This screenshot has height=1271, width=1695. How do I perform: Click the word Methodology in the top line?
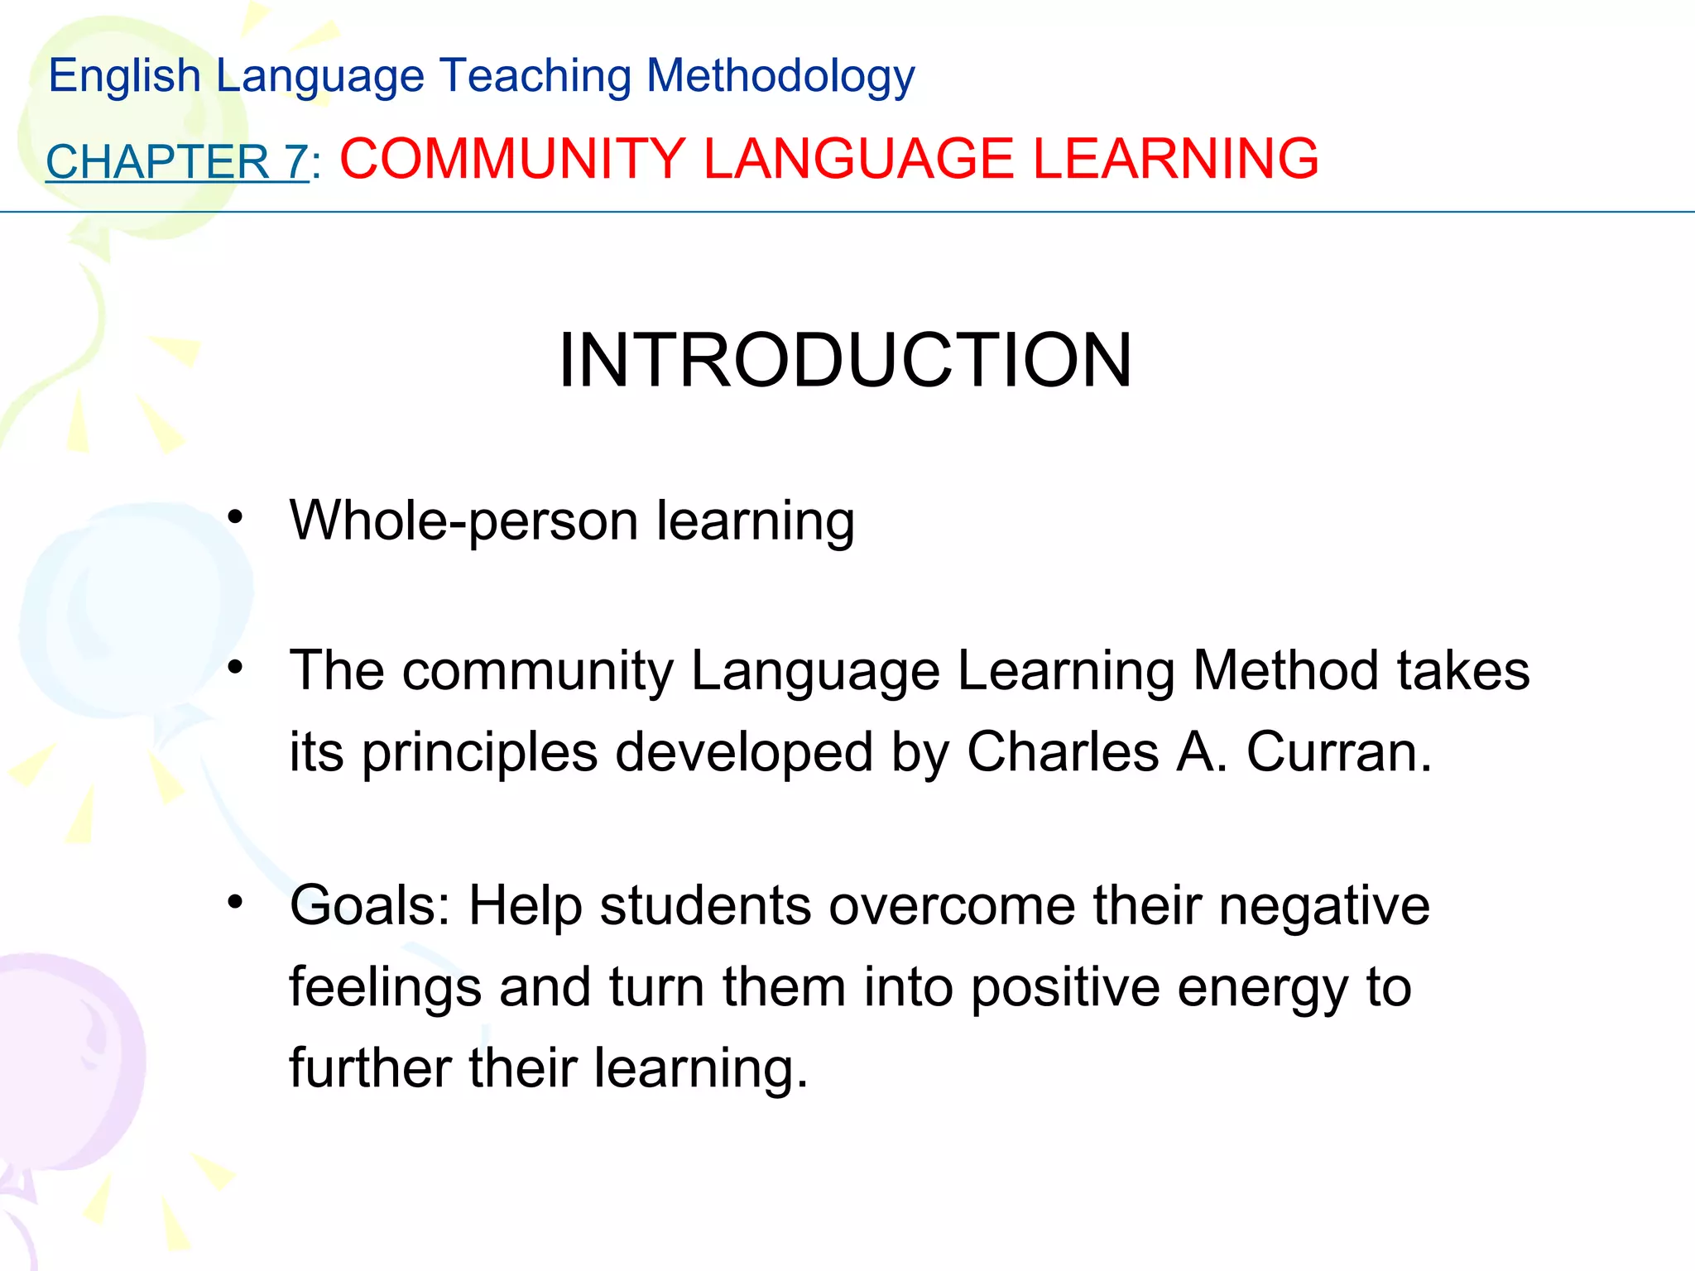tap(780, 76)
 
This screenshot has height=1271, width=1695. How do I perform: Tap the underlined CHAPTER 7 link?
tap(177, 161)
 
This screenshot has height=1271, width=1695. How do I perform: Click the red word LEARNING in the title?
tap(1175, 159)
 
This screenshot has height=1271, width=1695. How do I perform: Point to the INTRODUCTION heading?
tap(845, 360)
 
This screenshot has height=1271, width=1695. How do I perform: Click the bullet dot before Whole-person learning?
tap(236, 518)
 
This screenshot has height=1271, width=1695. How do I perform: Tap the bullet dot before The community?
tap(236, 667)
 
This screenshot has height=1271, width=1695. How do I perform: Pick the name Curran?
tap(1338, 752)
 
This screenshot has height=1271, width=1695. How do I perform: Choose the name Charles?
tap(1063, 752)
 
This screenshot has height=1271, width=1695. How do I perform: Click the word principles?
tap(479, 754)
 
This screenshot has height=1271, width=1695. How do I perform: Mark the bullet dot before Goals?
tap(236, 902)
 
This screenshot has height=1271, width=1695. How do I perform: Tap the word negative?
tap(1323, 906)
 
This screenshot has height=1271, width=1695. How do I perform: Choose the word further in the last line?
tap(370, 1068)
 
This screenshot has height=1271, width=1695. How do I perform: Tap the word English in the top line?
tap(124, 76)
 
